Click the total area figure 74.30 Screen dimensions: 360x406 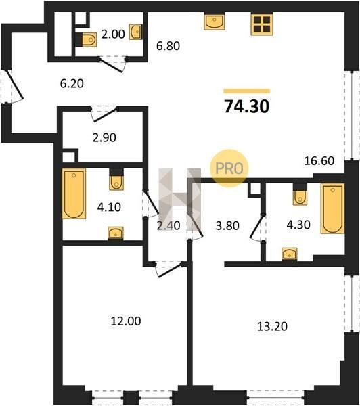tap(247, 106)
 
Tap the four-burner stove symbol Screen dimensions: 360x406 tap(262, 24)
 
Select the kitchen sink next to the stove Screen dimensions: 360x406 tap(214, 22)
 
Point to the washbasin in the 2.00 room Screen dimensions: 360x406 tap(135, 32)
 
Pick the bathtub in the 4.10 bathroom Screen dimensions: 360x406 tap(74, 194)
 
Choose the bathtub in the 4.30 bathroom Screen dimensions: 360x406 tap(332, 208)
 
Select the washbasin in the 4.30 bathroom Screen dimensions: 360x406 tap(290, 254)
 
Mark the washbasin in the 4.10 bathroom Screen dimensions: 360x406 tap(116, 233)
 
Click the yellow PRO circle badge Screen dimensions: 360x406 tap(229, 168)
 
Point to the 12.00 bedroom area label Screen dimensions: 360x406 tap(126, 321)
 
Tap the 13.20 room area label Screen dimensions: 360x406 tap(272, 326)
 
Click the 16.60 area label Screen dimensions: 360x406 tap(319, 161)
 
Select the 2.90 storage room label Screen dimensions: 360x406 tap(104, 137)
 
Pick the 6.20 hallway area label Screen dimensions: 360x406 tap(72, 83)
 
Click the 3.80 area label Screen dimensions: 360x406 tap(227, 225)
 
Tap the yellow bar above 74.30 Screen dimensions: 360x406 tap(247, 91)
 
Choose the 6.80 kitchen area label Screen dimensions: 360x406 tap(168, 46)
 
